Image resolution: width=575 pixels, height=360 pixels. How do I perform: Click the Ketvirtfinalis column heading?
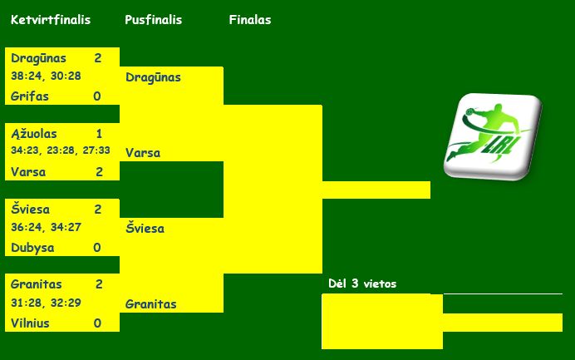(x=51, y=20)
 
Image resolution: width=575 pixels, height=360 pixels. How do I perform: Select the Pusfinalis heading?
(x=153, y=20)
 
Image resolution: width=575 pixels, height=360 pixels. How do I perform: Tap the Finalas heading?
(x=250, y=20)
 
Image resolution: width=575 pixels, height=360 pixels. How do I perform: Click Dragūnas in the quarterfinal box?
(x=38, y=58)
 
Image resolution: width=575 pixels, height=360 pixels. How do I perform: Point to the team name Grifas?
(x=30, y=96)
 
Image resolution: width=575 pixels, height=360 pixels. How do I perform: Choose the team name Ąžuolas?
(x=34, y=133)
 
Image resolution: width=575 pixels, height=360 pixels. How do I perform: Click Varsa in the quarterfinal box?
(x=28, y=172)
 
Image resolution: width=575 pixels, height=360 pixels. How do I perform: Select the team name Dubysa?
(x=32, y=247)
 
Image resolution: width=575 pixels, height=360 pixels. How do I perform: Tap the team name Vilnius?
(x=31, y=323)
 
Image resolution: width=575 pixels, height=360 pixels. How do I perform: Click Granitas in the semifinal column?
(x=151, y=304)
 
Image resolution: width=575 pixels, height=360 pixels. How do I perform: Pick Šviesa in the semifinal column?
(x=145, y=228)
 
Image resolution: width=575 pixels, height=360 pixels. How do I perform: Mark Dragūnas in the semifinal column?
(x=153, y=77)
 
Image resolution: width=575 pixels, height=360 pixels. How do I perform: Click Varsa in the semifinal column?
(x=143, y=153)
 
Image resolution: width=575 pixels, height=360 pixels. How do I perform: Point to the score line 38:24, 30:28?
(x=46, y=76)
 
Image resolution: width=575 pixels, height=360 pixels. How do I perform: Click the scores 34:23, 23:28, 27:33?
(x=61, y=150)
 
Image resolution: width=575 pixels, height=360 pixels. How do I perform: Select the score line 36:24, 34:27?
(x=46, y=226)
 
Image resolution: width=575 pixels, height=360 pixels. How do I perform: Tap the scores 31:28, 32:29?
(x=46, y=302)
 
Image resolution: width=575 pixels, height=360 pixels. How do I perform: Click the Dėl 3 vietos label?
(x=362, y=284)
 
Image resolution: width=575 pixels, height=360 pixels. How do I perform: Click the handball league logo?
(x=492, y=137)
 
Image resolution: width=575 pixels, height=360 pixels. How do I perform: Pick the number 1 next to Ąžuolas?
(x=99, y=133)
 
